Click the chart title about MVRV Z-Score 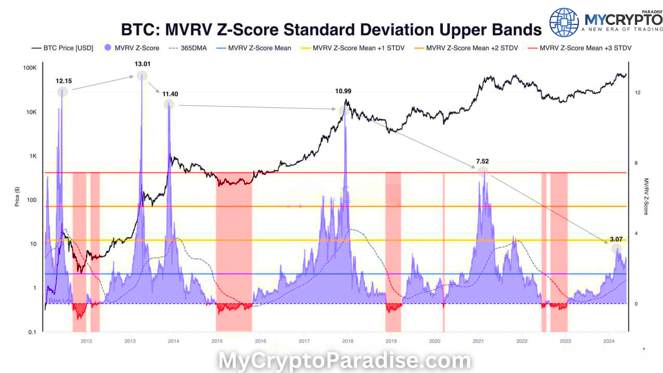pos(331,30)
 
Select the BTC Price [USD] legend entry pos(62,48)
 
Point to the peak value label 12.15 pos(64,81)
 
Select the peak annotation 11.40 pos(170,94)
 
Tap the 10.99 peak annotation pos(343,91)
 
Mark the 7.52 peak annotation pos(483,161)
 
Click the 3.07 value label pos(616,239)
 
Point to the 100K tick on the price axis pos(29,68)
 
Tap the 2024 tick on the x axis pos(609,341)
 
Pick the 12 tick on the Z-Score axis pos(638,92)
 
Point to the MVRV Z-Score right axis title pos(646,196)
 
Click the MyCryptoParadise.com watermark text pos(344,361)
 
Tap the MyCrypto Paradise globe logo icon pos(564,22)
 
